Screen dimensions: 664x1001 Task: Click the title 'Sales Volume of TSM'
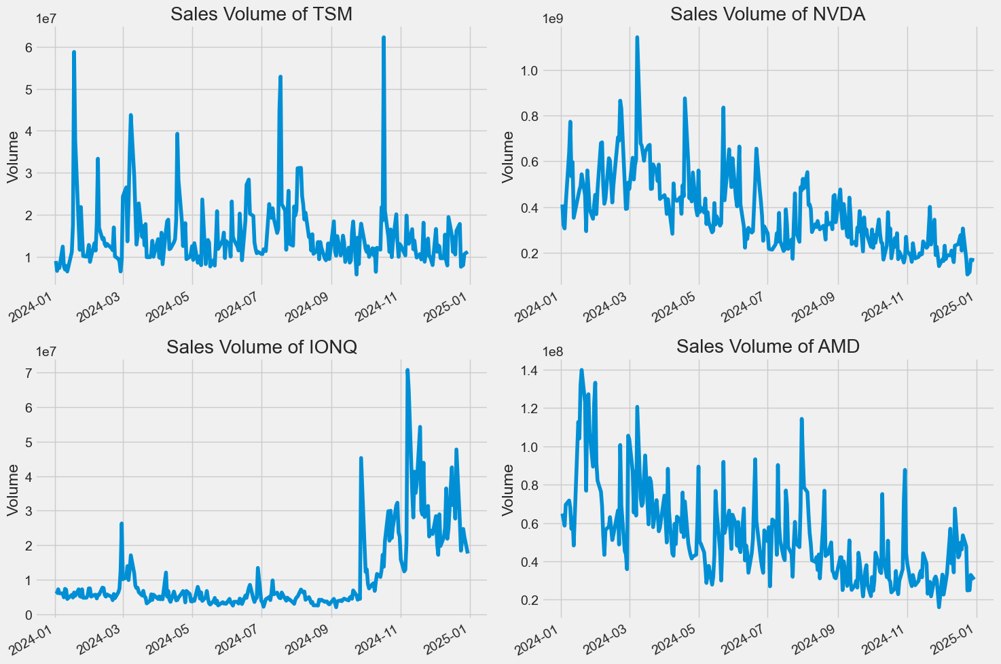pyautogui.click(x=261, y=14)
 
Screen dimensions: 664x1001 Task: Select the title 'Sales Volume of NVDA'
pyautogui.click(x=767, y=14)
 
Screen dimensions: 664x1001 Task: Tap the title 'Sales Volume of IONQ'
pyautogui.click(x=261, y=347)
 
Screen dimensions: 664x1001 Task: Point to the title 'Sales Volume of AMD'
pyautogui.click(x=767, y=347)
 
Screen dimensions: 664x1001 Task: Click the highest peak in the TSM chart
pyautogui.click(x=384, y=38)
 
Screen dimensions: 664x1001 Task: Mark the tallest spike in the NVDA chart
pyautogui.click(x=637, y=38)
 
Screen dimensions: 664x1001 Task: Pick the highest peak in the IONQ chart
pyautogui.click(x=407, y=370)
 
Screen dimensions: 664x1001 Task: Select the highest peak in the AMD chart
pyautogui.click(x=581, y=370)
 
